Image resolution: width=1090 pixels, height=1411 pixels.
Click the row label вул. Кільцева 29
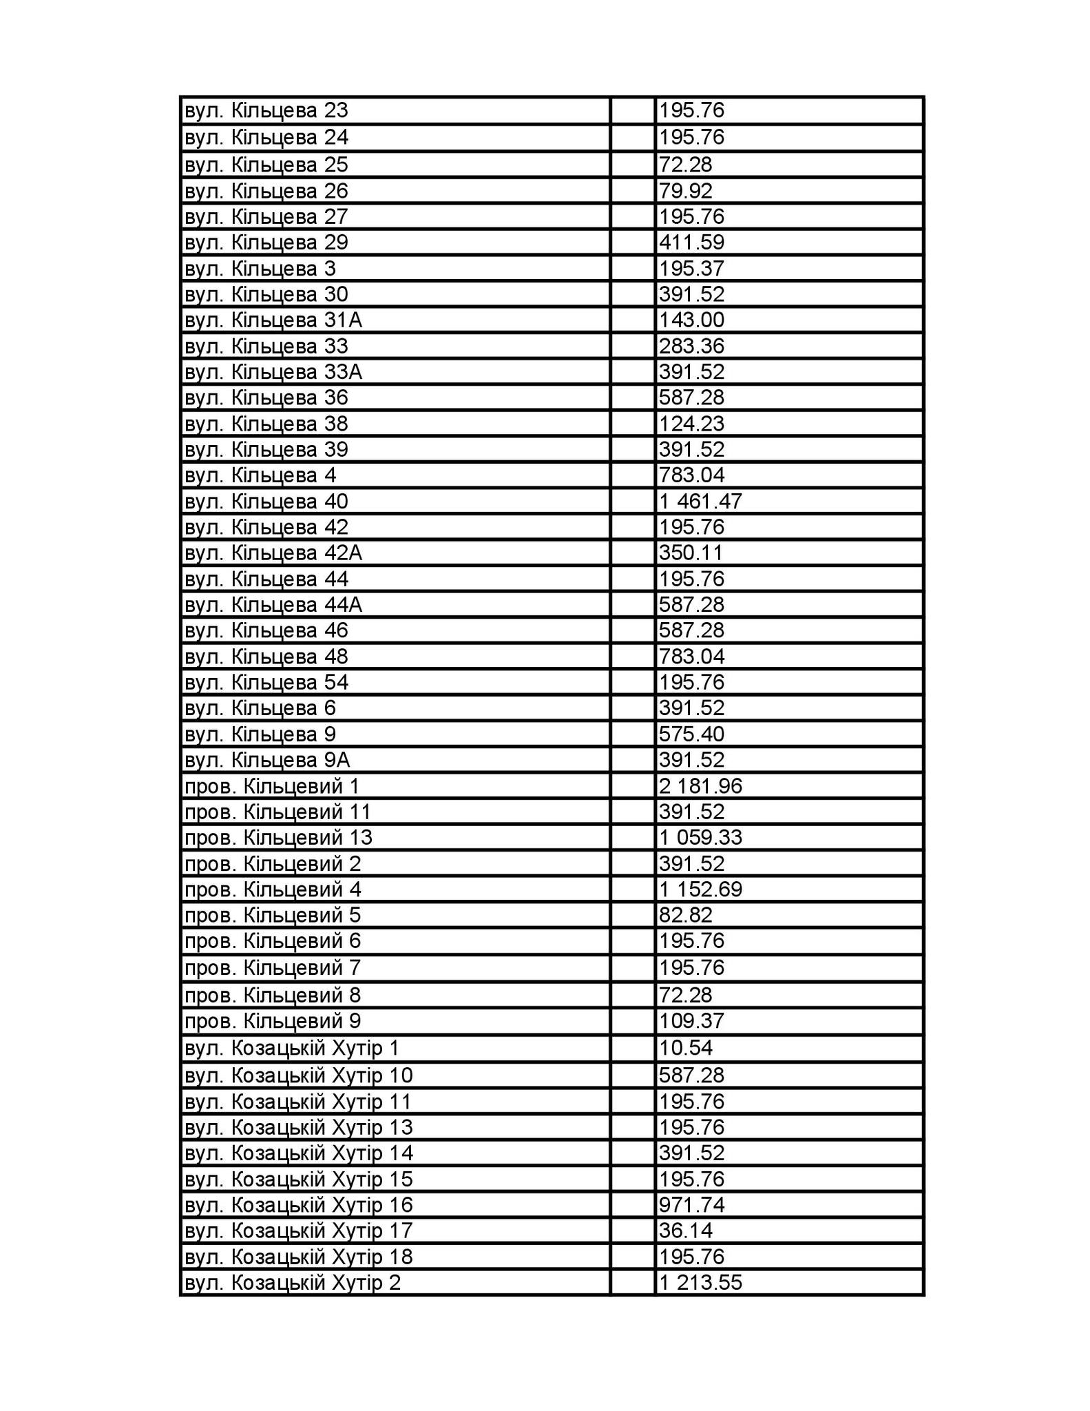pos(266,243)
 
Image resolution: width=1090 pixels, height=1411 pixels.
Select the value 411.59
pos(691,243)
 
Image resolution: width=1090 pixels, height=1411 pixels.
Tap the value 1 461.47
pos(700,501)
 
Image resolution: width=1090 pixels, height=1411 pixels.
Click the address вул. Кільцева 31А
pos(273,320)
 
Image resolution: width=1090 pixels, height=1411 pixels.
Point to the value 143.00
pos(691,320)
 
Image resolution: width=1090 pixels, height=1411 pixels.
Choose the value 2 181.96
pos(700,786)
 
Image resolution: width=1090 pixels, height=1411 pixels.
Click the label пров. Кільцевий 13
pos(278,838)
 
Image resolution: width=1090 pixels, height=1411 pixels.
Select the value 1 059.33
pos(700,838)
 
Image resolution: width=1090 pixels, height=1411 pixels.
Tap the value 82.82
pos(685,916)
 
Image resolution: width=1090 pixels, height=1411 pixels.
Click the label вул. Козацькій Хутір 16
pos(299,1205)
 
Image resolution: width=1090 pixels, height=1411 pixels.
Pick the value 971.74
pos(691,1205)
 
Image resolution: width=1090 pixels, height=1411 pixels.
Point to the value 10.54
pos(685,1049)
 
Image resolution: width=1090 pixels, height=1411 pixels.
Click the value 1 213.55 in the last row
pos(700,1283)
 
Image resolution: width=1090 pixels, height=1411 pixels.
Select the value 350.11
pos(691,553)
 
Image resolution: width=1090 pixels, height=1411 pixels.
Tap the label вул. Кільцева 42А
pos(273,553)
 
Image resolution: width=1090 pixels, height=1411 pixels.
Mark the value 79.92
pos(685,191)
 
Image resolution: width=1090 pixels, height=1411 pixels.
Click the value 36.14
pos(685,1230)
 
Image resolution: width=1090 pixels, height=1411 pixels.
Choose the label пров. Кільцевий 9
pos(273,1021)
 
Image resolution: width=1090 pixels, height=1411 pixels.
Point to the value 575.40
pos(691,734)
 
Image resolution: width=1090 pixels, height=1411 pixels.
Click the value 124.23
pos(691,424)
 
